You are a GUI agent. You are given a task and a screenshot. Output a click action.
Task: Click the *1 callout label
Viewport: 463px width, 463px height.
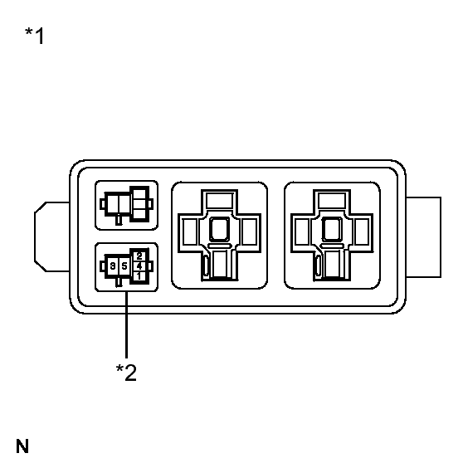click(x=35, y=36)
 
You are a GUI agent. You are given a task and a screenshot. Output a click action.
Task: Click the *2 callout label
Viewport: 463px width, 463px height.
click(x=126, y=372)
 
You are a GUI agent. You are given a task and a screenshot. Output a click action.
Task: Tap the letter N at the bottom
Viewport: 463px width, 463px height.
click(x=22, y=446)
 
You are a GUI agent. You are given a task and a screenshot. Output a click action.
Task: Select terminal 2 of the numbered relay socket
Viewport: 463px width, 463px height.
click(x=139, y=256)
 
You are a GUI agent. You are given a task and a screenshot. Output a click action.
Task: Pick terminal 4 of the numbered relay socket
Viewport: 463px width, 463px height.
click(x=139, y=266)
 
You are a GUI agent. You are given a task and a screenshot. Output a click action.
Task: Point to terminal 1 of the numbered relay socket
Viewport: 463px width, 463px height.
click(x=139, y=276)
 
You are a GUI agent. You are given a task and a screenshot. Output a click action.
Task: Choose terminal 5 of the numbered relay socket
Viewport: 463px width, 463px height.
click(x=124, y=266)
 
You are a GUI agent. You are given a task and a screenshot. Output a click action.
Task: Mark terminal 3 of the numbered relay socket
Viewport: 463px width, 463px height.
click(x=113, y=266)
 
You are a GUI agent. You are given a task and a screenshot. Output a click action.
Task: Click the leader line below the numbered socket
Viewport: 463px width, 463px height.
click(x=126, y=324)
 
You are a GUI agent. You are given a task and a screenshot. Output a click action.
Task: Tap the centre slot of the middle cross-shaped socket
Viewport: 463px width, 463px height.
click(x=219, y=230)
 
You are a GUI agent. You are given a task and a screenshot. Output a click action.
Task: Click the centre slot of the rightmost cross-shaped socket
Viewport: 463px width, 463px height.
click(x=332, y=230)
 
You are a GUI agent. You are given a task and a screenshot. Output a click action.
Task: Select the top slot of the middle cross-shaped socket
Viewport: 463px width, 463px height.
click(x=219, y=201)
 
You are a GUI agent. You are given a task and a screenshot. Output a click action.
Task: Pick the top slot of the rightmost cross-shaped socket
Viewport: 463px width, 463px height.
click(x=332, y=201)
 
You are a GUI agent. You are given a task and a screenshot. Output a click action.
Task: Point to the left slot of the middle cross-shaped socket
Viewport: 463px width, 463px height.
click(x=190, y=231)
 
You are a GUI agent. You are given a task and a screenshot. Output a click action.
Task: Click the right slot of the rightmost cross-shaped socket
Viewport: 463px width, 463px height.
click(x=362, y=231)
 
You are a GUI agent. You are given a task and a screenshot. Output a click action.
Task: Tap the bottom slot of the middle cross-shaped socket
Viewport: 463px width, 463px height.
click(x=220, y=265)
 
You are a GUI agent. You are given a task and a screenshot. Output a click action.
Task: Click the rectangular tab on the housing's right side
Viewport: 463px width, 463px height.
click(x=423, y=237)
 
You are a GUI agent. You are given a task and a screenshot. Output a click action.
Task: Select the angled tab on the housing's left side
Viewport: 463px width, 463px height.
click(x=52, y=236)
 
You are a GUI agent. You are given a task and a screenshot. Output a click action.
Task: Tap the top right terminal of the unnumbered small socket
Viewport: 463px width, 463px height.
click(x=139, y=194)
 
